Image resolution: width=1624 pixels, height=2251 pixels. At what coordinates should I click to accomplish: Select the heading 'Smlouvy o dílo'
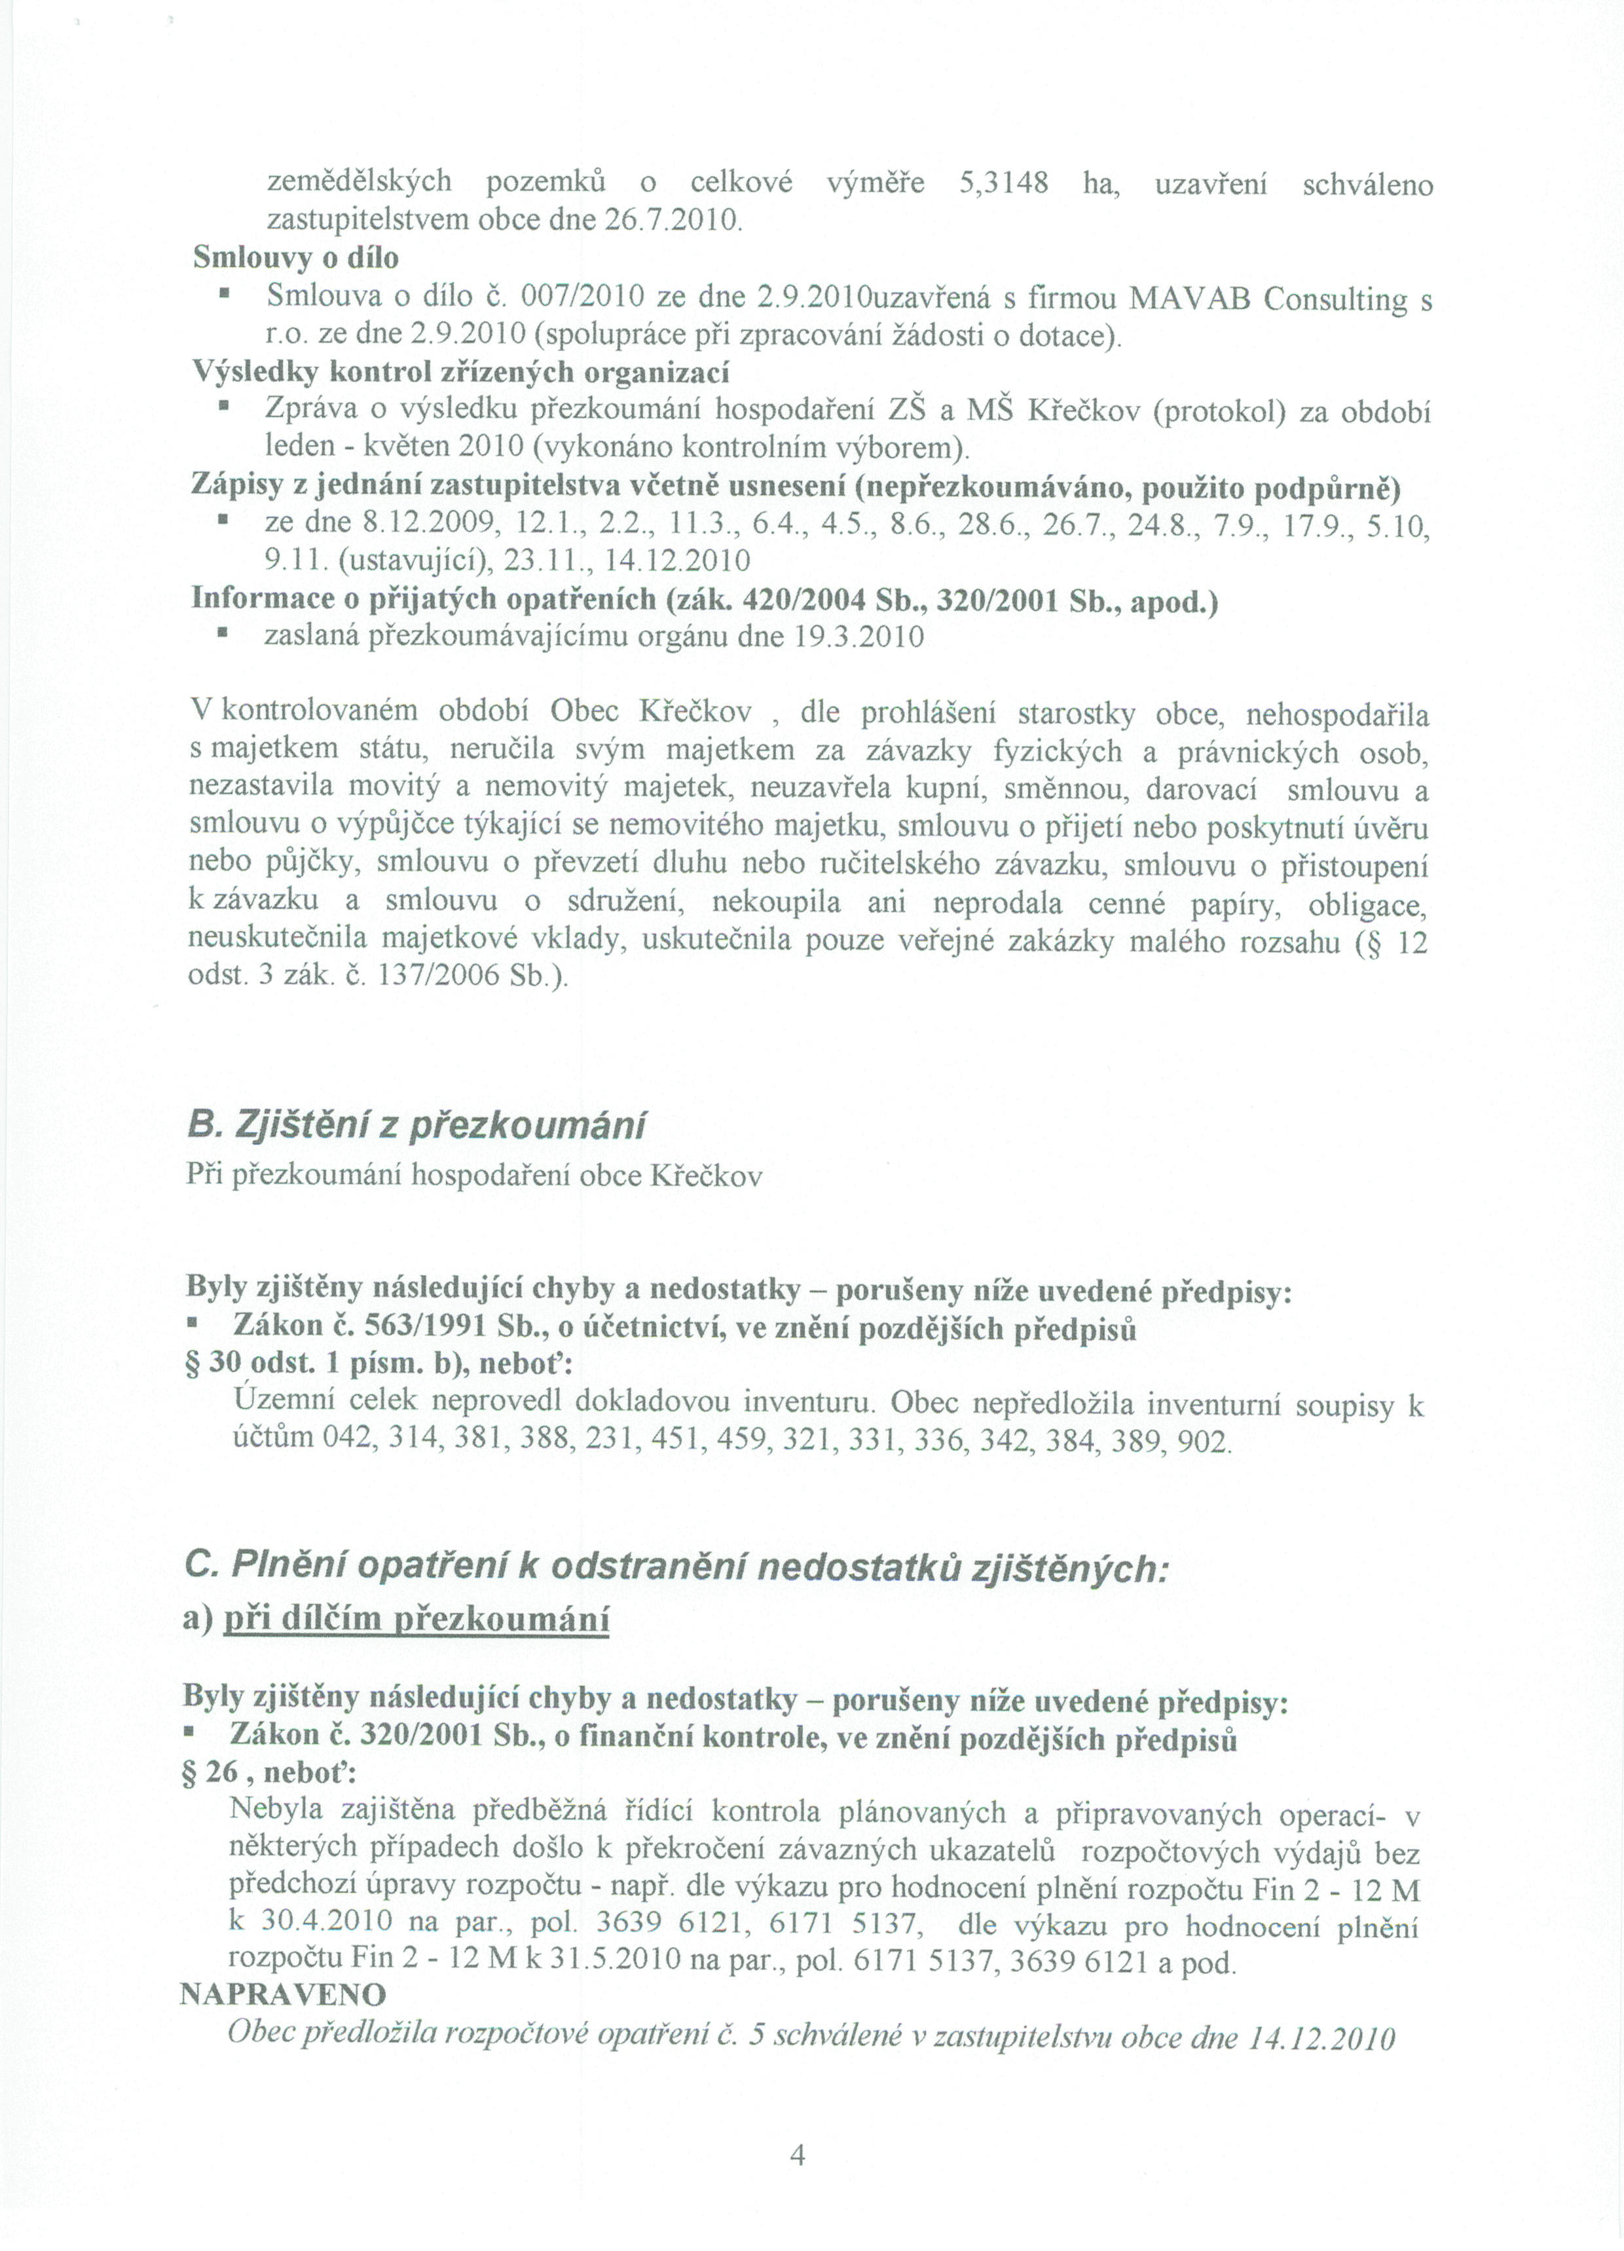[x=296, y=258]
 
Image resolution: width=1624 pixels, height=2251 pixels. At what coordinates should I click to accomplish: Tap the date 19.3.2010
[x=860, y=636]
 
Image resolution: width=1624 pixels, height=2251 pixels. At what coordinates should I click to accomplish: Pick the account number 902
[x=1203, y=1440]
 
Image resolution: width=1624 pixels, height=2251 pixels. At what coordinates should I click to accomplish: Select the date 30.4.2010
[x=314, y=1922]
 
